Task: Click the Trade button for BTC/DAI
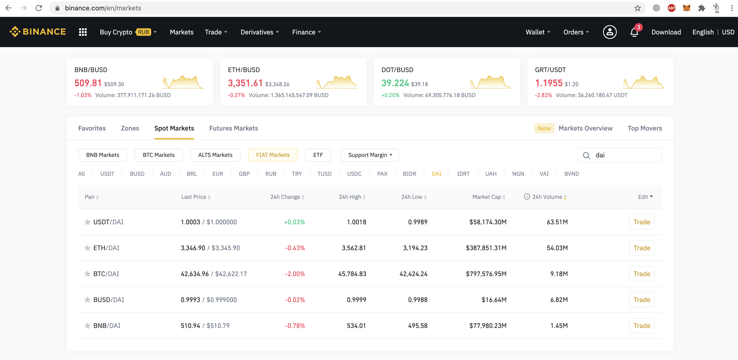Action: pyautogui.click(x=641, y=274)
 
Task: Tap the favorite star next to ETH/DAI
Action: pyautogui.click(x=87, y=248)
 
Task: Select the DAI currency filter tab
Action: pyautogui.click(x=436, y=174)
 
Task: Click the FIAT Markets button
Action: pyautogui.click(x=272, y=155)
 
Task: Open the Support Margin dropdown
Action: pyautogui.click(x=369, y=155)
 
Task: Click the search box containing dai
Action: pyautogui.click(x=624, y=155)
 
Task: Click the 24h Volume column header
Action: pyautogui.click(x=547, y=197)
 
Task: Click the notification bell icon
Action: pyautogui.click(x=634, y=32)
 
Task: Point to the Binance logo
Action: pyautogui.click(x=37, y=32)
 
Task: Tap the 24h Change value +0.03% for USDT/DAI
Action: pyautogui.click(x=294, y=222)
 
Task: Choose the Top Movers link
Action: pyautogui.click(x=645, y=128)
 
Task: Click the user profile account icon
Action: pyautogui.click(x=610, y=32)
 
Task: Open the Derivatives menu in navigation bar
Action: pyautogui.click(x=259, y=32)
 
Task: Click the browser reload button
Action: pyautogui.click(x=39, y=8)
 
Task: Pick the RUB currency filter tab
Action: pyautogui.click(x=270, y=174)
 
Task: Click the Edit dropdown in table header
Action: pyautogui.click(x=645, y=197)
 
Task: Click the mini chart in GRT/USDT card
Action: pyautogui.click(x=644, y=82)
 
